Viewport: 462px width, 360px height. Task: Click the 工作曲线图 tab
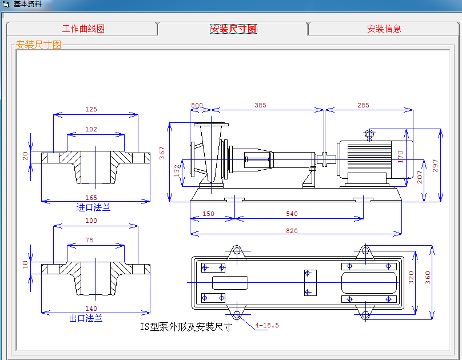click(83, 29)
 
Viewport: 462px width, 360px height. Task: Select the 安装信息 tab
click(384, 29)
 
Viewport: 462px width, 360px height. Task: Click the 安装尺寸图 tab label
click(233, 29)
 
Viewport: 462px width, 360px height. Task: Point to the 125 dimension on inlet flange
click(91, 109)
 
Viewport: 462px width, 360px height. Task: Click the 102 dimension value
click(91, 129)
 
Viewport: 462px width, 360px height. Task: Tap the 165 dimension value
click(91, 198)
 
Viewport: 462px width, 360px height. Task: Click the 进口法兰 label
click(93, 207)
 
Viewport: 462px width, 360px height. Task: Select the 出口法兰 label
click(86, 318)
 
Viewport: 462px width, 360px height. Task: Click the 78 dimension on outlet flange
click(89, 240)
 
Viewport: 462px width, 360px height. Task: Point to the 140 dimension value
click(91, 309)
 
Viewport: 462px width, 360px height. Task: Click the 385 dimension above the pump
click(261, 105)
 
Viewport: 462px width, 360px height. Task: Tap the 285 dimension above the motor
click(363, 105)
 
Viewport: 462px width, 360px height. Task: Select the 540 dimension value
click(292, 214)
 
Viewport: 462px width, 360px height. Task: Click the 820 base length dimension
click(292, 231)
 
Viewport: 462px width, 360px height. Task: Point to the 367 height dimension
click(162, 153)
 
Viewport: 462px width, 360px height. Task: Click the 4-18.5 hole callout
click(267, 325)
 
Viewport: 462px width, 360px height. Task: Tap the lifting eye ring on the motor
click(369, 134)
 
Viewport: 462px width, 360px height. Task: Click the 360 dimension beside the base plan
click(428, 278)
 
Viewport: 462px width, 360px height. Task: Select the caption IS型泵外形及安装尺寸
click(186, 327)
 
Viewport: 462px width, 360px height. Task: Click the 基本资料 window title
click(27, 4)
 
